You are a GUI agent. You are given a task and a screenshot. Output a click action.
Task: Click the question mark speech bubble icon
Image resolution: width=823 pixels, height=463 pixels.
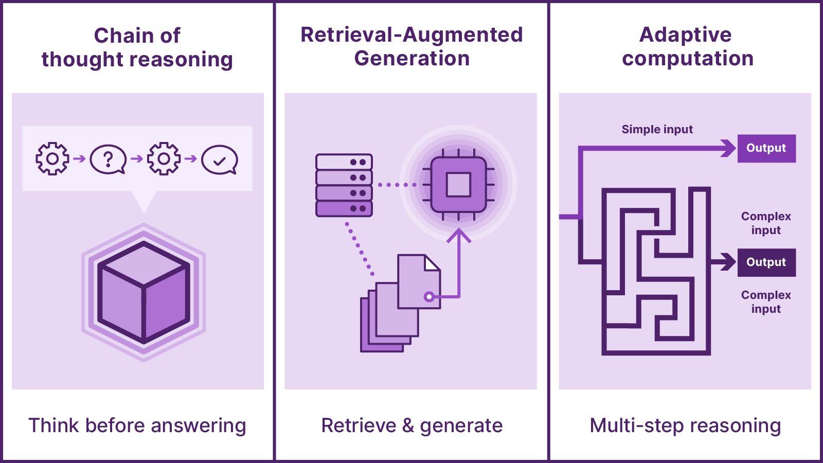[x=108, y=159]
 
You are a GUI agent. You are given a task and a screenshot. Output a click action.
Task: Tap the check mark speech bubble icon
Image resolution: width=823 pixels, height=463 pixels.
[x=220, y=160]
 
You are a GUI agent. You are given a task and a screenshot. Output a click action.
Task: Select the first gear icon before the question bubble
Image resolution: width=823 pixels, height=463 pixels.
[x=52, y=159]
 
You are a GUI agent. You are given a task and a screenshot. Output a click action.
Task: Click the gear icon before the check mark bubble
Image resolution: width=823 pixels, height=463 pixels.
[x=164, y=159]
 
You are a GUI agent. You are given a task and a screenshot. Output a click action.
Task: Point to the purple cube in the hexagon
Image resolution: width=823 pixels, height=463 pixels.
[x=144, y=292]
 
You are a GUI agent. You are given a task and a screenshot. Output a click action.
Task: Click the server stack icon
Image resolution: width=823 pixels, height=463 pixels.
[x=344, y=185]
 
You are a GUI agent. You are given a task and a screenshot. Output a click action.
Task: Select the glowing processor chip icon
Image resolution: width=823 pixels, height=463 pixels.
[x=458, y=184]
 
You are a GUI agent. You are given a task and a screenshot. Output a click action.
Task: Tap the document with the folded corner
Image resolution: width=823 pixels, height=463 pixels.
[x=419, y=281]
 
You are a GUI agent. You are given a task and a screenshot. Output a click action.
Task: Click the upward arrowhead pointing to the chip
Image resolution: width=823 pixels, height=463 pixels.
[x=459, y=236]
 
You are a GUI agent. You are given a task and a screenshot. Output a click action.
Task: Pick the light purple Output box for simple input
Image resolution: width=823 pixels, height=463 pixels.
[x=766, y=148]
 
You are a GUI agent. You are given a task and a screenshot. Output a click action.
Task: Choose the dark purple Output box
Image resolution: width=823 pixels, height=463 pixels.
[x=766, y=262]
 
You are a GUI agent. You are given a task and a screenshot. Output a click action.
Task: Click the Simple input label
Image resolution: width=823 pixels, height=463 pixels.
[x=657, y=129]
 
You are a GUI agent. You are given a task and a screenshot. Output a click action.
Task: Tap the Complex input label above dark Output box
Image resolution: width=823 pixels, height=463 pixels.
[x=766, y=223]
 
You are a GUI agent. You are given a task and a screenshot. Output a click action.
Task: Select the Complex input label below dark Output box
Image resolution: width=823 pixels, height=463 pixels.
[x=766, y=301]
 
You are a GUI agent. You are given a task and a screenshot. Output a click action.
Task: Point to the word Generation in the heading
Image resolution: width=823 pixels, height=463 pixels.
[x=411, y=58]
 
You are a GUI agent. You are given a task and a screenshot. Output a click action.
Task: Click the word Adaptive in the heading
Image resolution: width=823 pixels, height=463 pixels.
[x=685, y=34]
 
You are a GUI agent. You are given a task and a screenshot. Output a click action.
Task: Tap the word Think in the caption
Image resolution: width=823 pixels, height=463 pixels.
[x=53, y=425]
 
